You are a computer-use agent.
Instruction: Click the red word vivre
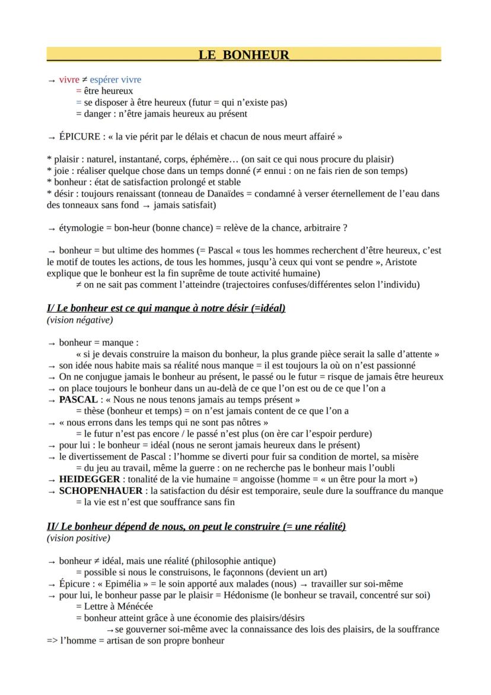pos(69,80)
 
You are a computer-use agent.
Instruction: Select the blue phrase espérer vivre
pos(115,80)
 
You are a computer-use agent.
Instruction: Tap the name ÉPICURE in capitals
pos(79,137)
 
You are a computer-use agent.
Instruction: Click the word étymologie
pos(82,228)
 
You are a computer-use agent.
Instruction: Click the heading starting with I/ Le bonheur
pos(166,308)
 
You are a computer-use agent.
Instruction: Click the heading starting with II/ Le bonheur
pos(196,526)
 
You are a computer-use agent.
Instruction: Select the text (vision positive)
pos(78,538)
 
